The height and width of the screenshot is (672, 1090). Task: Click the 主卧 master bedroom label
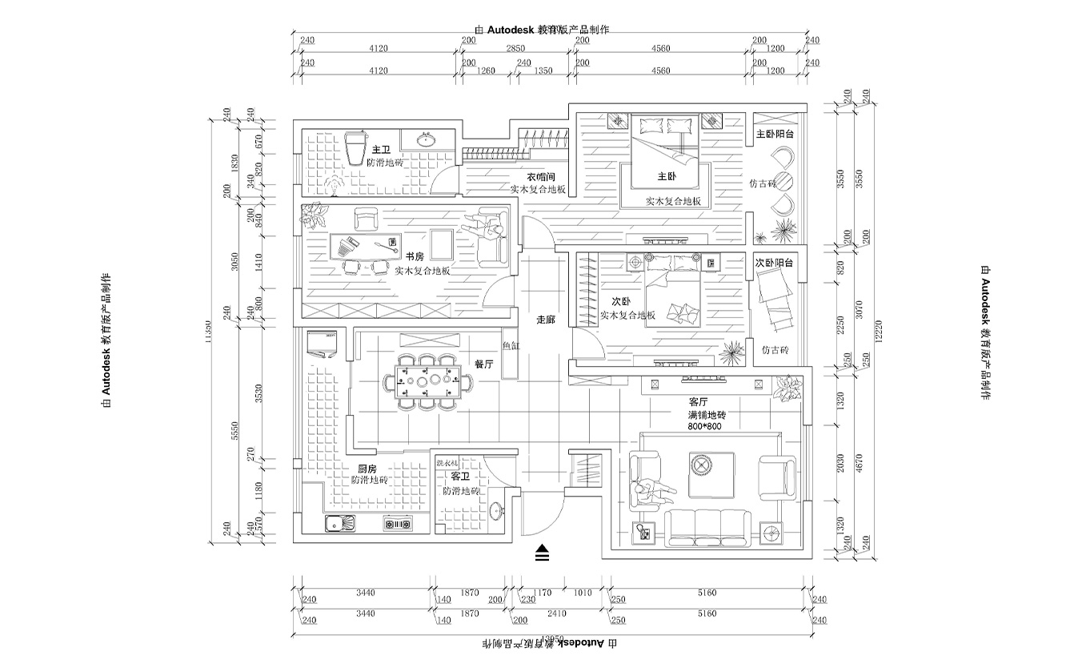[x=667, y=176]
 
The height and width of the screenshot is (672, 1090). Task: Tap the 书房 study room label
[x=414, y=257]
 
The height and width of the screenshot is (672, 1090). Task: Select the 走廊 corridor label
[x=546, y=319]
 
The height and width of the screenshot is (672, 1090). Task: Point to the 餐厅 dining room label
[x=484, y=364]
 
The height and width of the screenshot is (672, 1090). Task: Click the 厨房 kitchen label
[x=367, y=469]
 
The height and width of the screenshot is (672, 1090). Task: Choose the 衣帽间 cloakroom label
[x=540, y=176]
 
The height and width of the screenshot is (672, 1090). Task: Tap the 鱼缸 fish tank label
[x=511, y=346]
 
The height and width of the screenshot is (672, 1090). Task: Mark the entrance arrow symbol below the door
[x=543, y=553]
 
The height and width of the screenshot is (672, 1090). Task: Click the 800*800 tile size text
[x=704, y=427]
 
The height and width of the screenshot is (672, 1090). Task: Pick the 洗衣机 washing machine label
[x=447, y=464]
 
